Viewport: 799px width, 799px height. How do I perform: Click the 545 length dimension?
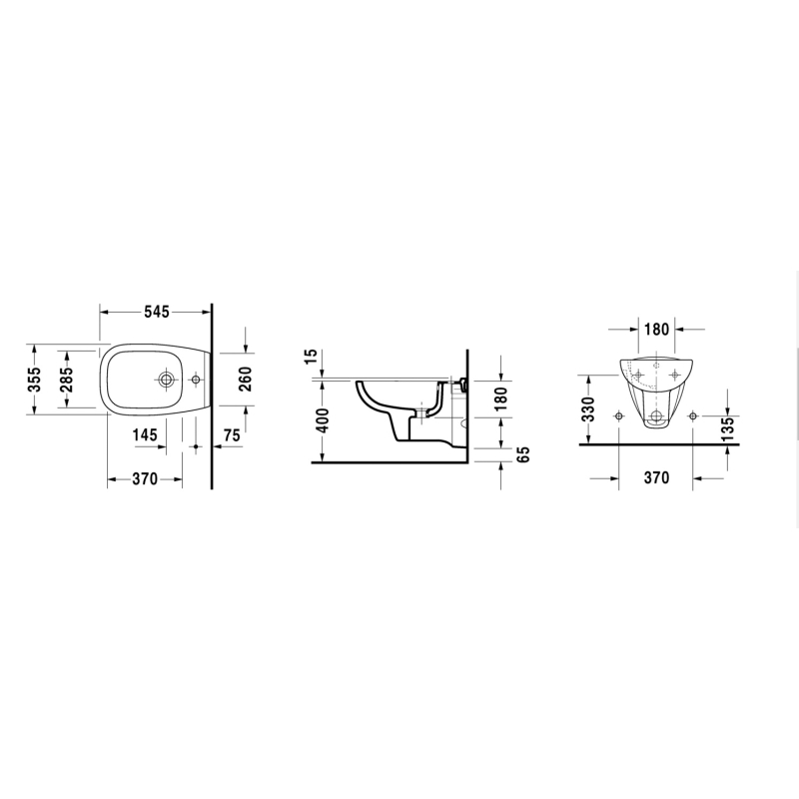(x=156, y=312)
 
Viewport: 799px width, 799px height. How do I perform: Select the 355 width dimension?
(x=34, y=380)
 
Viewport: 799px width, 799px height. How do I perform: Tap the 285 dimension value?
(x=66, y=380)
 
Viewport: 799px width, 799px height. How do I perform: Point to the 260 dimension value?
(x=245, y=380)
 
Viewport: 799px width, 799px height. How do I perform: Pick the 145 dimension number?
(x=145, y=435)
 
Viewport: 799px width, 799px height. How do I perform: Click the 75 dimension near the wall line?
(x=232, y=435)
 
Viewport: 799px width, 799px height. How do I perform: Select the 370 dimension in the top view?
(x=145, y=479)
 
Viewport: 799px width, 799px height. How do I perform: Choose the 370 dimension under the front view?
(x=656, y=478)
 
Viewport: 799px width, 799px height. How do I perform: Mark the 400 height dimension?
(x=322, y=419)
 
